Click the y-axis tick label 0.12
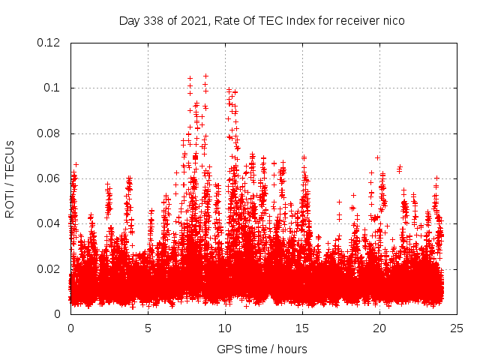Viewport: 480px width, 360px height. pyautogui.click(x=49, y=43)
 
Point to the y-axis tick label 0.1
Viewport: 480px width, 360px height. pyautogui.click(x=52, y=88)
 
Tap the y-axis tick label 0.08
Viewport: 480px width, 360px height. pyautogui.click(x=49, y=133)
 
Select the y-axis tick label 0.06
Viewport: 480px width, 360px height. pyautogui.click(x=49, y=178)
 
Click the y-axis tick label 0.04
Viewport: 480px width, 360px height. pyautogui.click(x=49, y=223)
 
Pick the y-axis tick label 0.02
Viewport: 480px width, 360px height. pyautogui.click(x=49, y=268)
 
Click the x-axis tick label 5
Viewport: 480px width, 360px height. pyautogui.click(x=148, y=328)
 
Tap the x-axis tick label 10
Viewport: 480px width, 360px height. pyautogui.click(x=225, y=328)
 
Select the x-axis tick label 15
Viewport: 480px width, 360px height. pyautogui.click(x=302, y=328)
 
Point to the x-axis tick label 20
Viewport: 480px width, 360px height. pyautogui.click(x=379, y=328)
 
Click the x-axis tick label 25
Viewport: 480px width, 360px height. pyautogui.click(x=457, y=328)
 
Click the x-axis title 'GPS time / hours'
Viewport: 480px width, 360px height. pyautogui.click(x=262, y=349)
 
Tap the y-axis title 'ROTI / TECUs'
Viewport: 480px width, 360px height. pyautogui.click(x=10, y=178)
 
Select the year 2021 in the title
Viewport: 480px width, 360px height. pyautogui.click(x=188, y=20)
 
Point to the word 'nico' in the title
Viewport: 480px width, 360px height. pyautogui.click(x=394, y=20)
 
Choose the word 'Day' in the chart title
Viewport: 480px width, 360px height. pyautogui.click(x=129, y=20)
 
